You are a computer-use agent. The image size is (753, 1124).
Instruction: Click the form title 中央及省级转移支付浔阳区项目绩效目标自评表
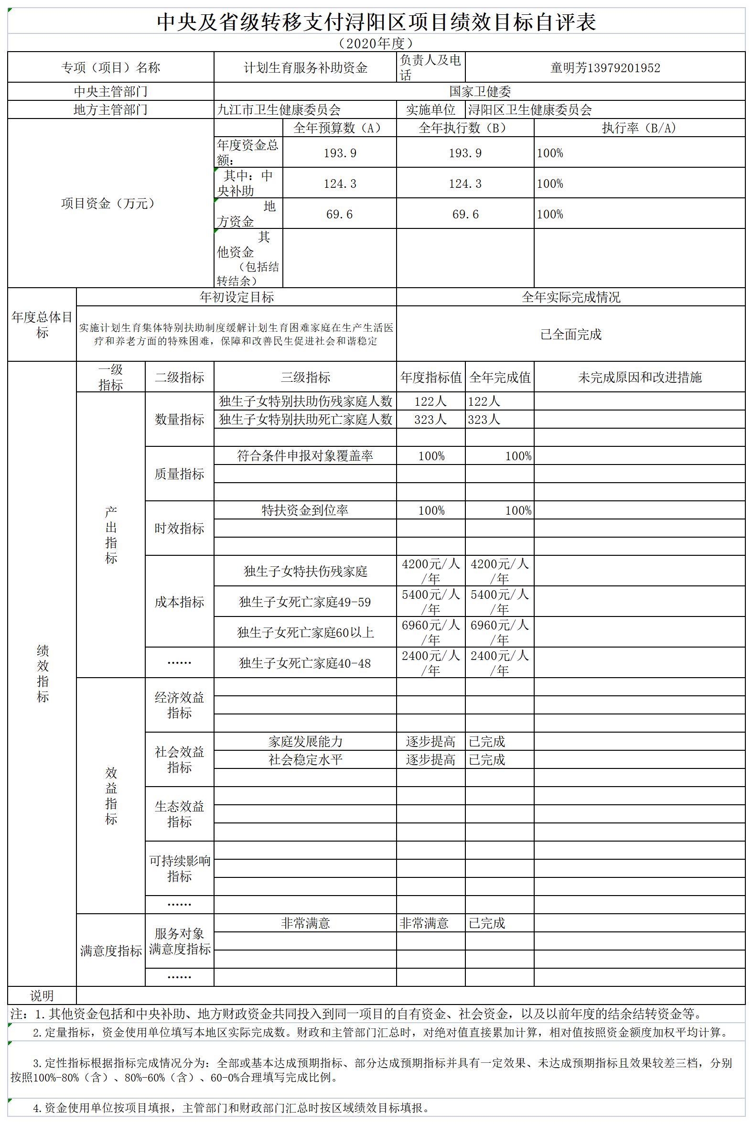tap(376, 22)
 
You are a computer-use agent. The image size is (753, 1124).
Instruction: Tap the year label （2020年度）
tap(376, 43)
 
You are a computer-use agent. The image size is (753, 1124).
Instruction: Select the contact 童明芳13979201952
tap(605, 68)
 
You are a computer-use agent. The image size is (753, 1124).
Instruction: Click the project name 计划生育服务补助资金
tap(305, 68)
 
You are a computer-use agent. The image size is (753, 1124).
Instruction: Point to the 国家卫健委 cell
tap(480, 91)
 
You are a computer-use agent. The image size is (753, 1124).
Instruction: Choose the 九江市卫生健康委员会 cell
tap(279, 110)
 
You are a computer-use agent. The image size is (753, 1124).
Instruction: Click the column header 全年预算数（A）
tap(339, 128)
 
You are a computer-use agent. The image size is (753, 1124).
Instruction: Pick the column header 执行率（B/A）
tap(639, 128)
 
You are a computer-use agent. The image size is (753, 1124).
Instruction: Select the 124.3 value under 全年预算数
tap(340, 184)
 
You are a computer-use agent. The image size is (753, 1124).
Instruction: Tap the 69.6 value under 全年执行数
tap(465, 214)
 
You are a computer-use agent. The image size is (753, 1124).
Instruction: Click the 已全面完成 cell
tap(571, 335)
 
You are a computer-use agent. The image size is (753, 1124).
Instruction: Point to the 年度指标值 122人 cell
tap(430, 401)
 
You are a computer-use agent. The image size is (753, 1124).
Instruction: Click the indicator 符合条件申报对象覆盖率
tap(305, 456)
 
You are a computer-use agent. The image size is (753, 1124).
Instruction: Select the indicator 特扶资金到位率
tap(305, 510)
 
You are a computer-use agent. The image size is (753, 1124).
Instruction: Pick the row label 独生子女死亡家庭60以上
tap(305, 632)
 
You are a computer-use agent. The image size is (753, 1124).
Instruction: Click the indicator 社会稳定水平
tap(305, 759)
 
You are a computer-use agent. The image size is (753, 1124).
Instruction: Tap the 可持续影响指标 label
tap(180, 868)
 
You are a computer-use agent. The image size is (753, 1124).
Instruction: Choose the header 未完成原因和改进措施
tap(640, 377)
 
